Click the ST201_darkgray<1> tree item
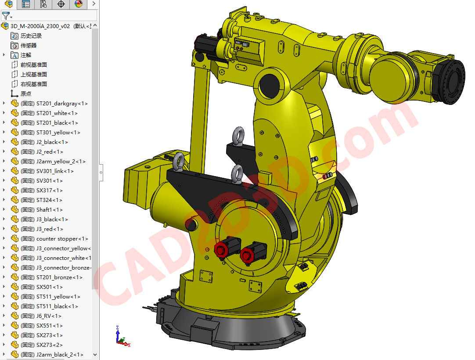point(61,104)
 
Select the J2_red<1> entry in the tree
point(49,152)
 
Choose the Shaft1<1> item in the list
point(49,210)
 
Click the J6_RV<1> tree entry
point(48,316)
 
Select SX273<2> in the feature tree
point(49,345)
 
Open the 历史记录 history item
point(31,36)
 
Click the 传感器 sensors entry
point(28,46)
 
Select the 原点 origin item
point(25,94)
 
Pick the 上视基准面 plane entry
point(33,75)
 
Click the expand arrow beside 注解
point(4,55)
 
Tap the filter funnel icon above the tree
point(6,16)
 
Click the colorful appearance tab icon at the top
point(78,4)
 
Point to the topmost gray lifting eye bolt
point(239,135)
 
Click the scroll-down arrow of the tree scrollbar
point(95,355)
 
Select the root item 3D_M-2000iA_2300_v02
point(40,26)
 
